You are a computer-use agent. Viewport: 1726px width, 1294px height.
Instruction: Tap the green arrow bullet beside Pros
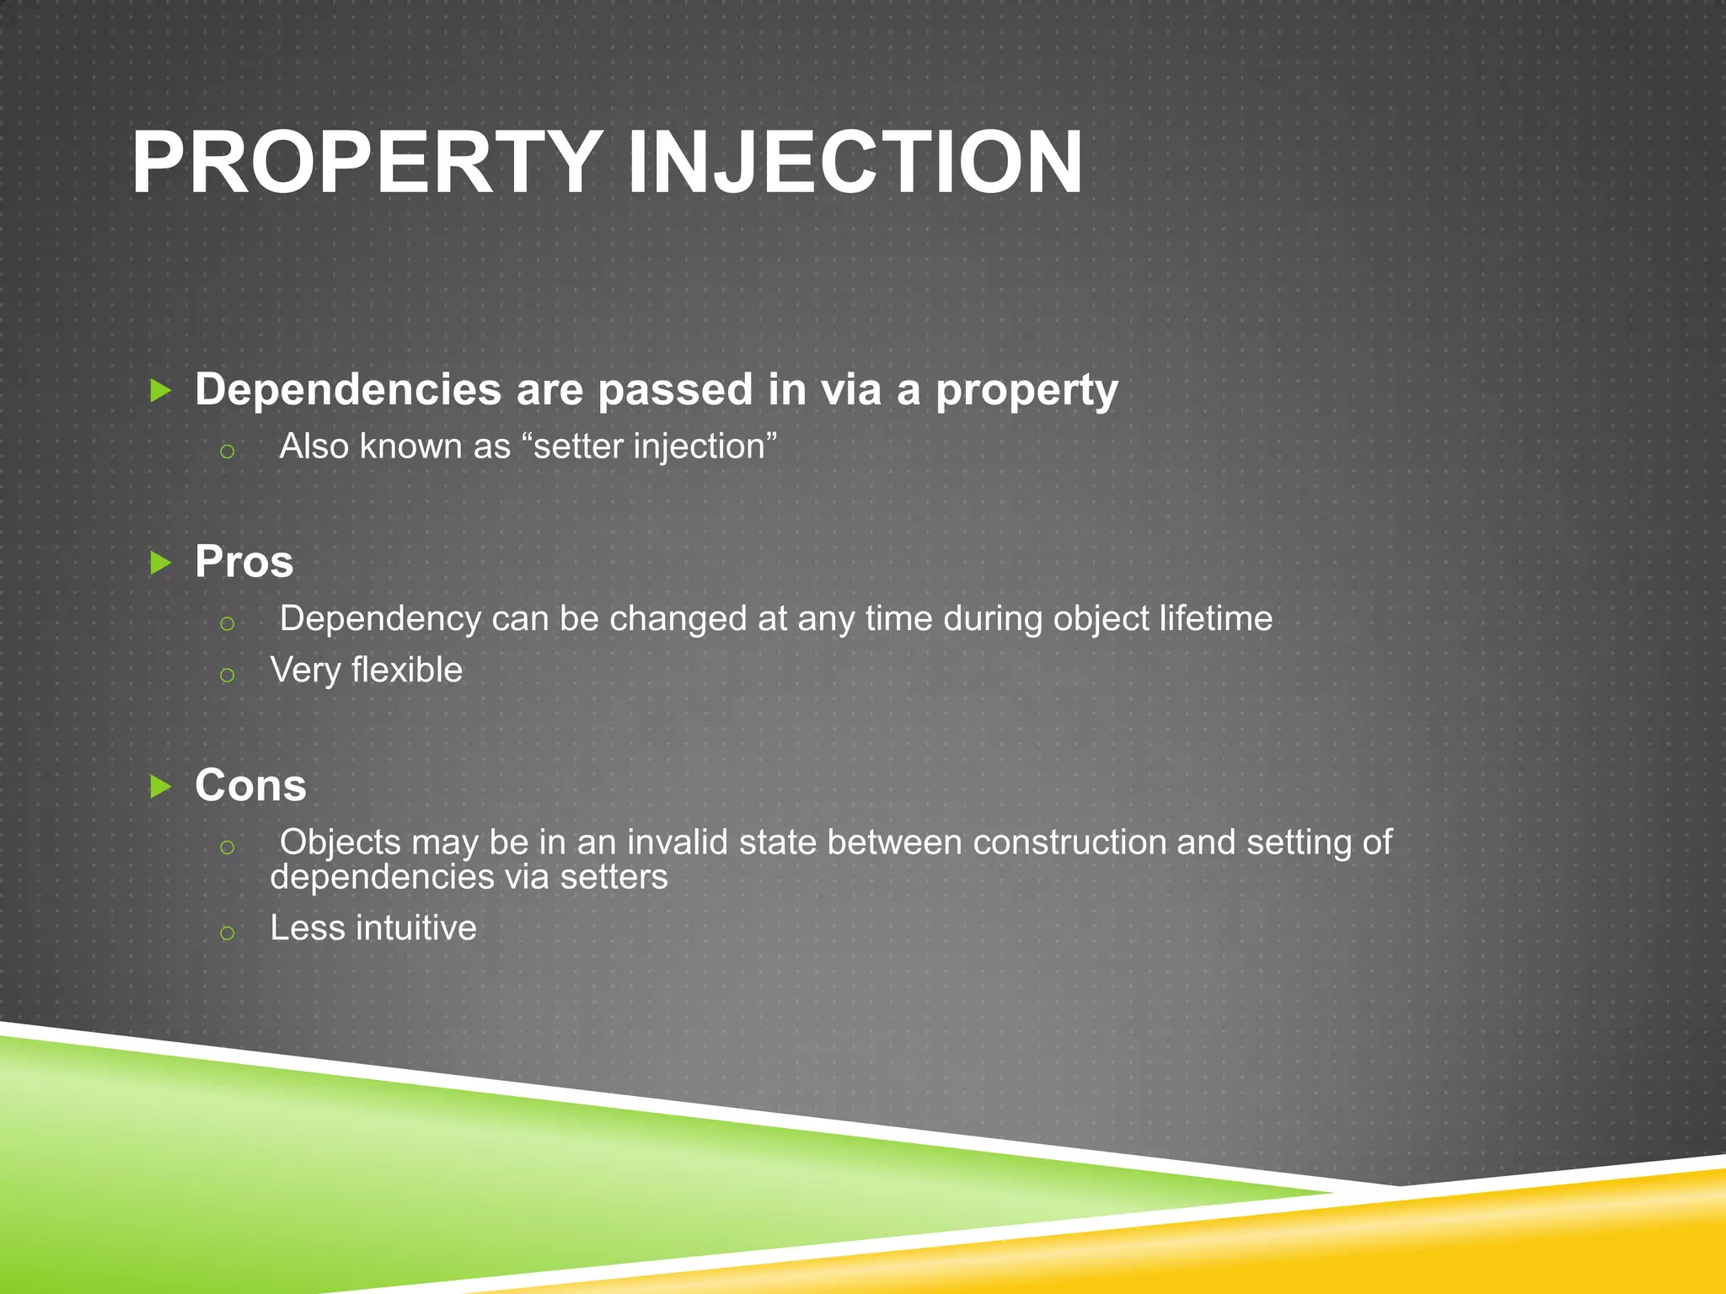click(x=160, y=562)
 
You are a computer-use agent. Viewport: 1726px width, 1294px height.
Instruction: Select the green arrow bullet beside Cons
click(x=160, y=786)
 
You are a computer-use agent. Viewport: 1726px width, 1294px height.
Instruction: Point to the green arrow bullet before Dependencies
click(x=160, y=390)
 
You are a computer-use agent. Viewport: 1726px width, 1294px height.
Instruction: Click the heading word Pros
click(x=244, y=561)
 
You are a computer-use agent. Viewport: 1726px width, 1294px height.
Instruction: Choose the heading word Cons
click(x=250, y=785)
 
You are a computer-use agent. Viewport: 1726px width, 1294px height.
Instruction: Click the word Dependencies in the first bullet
click(x=348, y=389)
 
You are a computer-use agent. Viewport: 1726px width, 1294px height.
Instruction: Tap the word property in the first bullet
click(x=1026, y=391)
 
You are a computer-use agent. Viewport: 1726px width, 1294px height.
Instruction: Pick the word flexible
click(x=407, y=671)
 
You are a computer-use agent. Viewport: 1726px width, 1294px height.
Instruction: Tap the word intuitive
click(x=416, y=928)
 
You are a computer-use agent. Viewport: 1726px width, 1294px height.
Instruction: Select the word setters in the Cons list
click(x=614, y=878)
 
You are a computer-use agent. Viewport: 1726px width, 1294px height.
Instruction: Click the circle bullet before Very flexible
click(x=227, y=675)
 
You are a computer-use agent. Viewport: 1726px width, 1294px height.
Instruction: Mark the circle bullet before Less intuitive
click(x=227, y=933)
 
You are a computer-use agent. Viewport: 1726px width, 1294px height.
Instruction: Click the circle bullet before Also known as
click(x=227, y=452)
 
